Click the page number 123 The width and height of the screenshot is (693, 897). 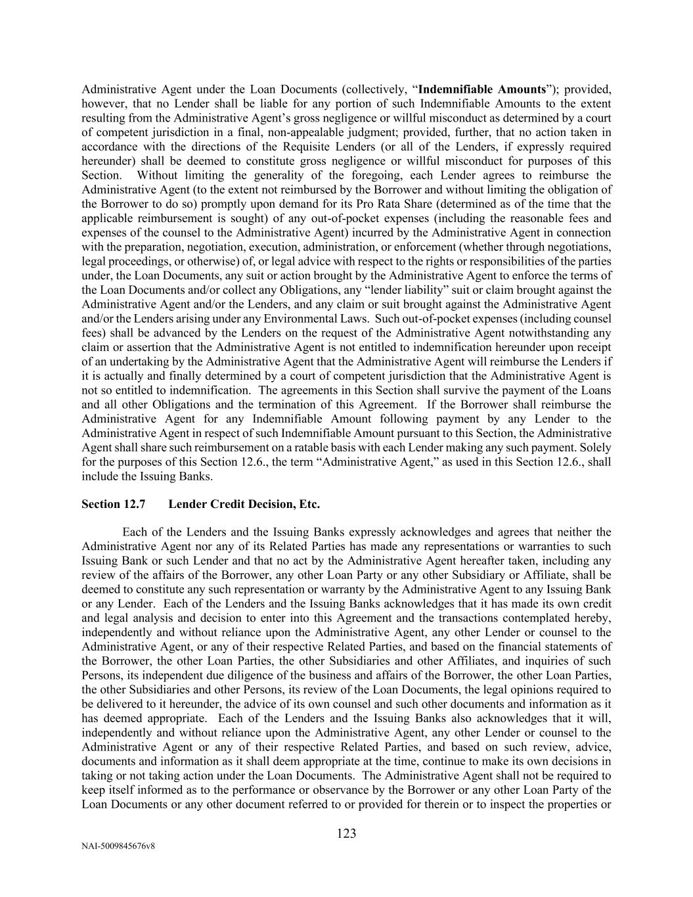(x=346, y=833)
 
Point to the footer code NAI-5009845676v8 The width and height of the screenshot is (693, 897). (x=118, y=846)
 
